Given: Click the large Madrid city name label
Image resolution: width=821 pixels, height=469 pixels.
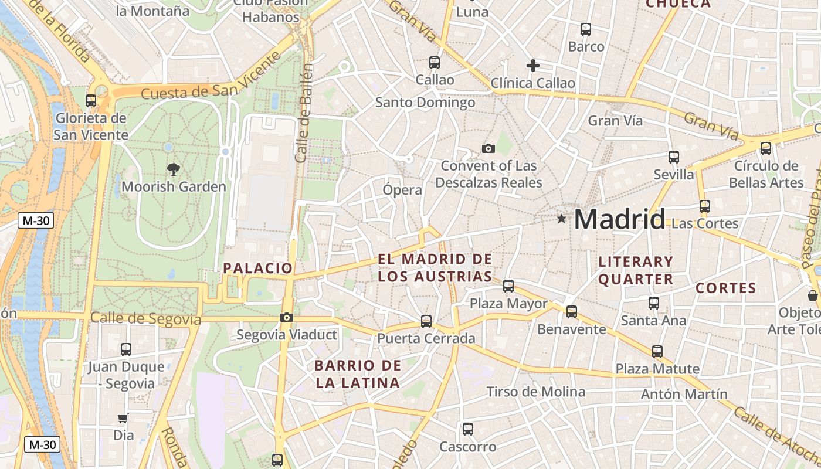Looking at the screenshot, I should click(x=619, y=219).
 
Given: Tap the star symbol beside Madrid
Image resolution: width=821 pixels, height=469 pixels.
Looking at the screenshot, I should click(x=562, y=219).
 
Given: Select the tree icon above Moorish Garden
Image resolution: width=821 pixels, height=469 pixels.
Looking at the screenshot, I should click(x=173, y=169).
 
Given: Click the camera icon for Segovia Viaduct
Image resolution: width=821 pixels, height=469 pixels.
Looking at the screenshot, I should click(x=286, y=318).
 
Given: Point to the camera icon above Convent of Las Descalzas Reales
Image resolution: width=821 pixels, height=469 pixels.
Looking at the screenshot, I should click(x=488, y=148).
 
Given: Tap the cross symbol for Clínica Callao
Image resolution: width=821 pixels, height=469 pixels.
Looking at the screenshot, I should click(x=532, y=66).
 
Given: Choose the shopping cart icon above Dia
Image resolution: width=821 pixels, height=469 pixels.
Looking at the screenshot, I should click(x=123, y=419).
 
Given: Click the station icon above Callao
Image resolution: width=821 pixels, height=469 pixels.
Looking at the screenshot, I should click(x=435, y=62).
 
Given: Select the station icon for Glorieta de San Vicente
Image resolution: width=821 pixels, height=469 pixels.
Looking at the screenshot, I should click(x=91, y=101).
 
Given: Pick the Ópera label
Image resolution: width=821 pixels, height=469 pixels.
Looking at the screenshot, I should click(x=402, y=190).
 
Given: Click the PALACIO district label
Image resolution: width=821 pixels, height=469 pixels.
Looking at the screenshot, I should click(x=257, y=269).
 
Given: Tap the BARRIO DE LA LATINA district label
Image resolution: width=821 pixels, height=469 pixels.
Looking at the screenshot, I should click(x=358, y=375).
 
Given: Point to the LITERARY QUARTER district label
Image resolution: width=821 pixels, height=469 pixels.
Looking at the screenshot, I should click(x=636, y=270).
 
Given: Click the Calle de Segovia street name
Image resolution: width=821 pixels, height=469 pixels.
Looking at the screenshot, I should click(x=145, y=320).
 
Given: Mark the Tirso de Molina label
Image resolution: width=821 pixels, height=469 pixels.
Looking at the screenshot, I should click(x=535, y=392).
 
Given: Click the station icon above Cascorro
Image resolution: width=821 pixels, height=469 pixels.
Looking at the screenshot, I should click(x=468, y=429).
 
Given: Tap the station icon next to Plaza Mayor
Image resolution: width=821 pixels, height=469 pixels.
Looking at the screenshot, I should click(x=508, y=286).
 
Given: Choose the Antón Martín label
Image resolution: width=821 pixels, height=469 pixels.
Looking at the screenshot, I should click(x=684, y=394).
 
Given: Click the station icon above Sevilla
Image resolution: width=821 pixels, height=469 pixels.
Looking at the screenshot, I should click(x=674, y=157).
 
